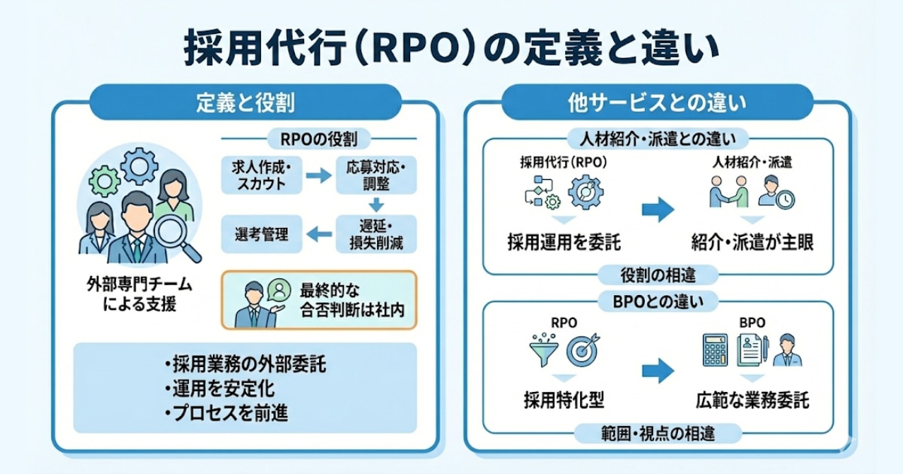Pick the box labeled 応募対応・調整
pyautogui.click(x=376, y=175)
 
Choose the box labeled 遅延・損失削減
pyautogui.click(x=376, y=234)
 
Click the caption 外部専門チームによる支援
pyautogui.click(x=139, y=298)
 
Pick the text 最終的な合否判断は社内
pyautogui.click(x=346, y=299)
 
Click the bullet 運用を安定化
pyautogui.click(x=218, y=389)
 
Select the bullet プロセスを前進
pyautogui.click(x=226, y=413)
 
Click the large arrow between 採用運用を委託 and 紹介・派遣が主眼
pyautogui.click(x=658, y=210)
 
